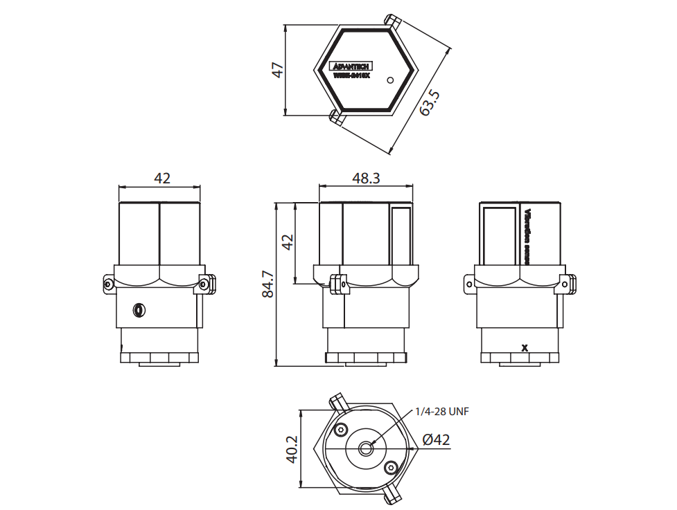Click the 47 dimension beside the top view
(x=277, y=70)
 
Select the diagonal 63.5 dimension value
(x=430, y=102)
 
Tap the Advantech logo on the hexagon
(x=351, y=66)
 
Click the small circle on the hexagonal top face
(x=390, y=80)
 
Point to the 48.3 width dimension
(x=366, y=178)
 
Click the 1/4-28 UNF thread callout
(x=441, y=411)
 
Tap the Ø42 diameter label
(x=436, y=439)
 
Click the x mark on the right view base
(x=525, y=347)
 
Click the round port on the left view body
(x=139, y=309)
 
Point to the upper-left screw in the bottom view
(x=340, y=430)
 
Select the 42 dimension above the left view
(x=161, y=178)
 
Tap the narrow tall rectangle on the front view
(x=400, y=235)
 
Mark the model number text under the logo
(x=351, y=75)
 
